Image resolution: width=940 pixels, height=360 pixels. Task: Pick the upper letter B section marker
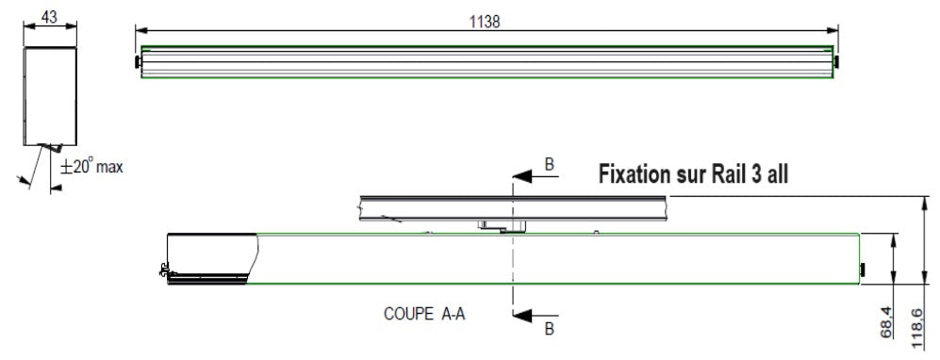[x=550, y=166]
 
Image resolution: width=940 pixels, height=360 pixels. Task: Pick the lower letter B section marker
[x=550, y=329]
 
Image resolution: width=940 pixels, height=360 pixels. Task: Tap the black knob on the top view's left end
[x=138, y=63]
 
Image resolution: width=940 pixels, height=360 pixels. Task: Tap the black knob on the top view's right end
[x=838, y=63]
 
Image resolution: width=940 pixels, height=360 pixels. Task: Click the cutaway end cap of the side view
[x=209, y=257]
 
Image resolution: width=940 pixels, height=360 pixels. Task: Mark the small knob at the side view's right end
[x=862, y=271]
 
